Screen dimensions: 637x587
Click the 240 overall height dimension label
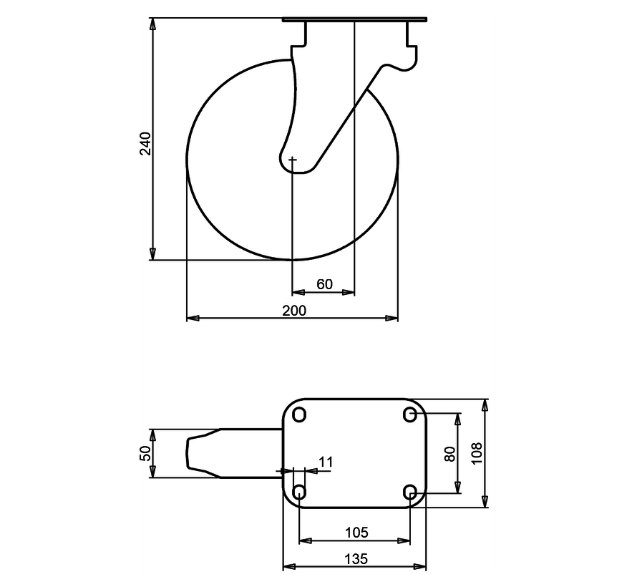(x=145, y=143)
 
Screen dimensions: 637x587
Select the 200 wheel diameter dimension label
(x=294, y=311)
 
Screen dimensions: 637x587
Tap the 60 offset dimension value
(x=325, y=284)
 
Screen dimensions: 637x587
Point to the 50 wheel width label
(x=145, y=453)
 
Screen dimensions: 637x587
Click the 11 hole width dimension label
(x=326, y=462)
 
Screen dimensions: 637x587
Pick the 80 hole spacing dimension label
(x=450, y=454)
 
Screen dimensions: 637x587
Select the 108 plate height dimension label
(x=477, y=453)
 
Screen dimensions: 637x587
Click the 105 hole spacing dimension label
(x=356, y=532)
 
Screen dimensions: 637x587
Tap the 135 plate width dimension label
(x=356, y=559)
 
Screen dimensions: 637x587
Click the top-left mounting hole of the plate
(x=299, y=414)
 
